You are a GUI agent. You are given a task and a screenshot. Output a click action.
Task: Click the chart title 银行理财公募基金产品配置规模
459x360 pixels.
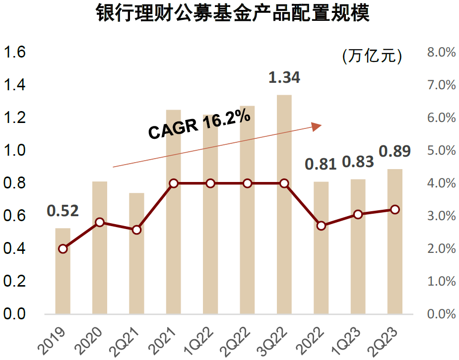(x=233, y=14)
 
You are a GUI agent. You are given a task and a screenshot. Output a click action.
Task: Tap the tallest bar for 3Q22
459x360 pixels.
(x=284, y=204)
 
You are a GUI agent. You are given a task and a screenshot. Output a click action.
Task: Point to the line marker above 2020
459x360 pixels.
(x=100, y=222)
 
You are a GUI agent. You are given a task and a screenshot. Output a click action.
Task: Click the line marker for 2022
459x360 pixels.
(x=321, y=226)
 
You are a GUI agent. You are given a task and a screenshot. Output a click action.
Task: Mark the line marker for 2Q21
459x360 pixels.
(x=136, y=230)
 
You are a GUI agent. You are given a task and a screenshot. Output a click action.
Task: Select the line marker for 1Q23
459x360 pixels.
(x=358, y=214)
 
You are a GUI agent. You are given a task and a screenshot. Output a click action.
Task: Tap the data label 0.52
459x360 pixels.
(x=63, y=211)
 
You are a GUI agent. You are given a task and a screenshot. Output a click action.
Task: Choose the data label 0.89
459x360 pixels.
(x=395, y=152)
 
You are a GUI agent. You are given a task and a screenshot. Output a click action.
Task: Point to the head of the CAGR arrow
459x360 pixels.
(x=317, y=126)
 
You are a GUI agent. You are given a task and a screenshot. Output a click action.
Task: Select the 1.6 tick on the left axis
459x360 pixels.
(x=15, y=53)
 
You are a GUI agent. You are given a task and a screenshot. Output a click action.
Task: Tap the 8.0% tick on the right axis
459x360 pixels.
(x=441, y=53)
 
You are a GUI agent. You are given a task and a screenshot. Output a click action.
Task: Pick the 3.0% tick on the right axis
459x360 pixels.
(x=441, y=216)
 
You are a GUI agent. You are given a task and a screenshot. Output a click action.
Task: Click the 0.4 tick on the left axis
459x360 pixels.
(x=15, y=249)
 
